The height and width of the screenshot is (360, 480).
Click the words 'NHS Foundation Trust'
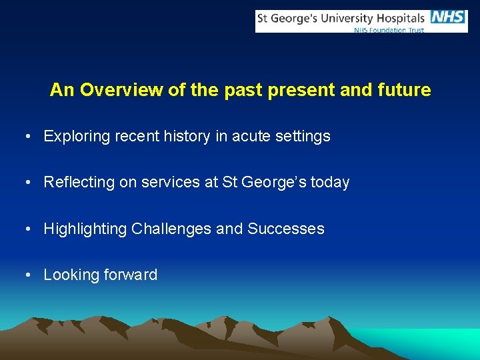[388, 30]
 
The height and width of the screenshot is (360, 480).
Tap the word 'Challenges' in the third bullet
[171, 229]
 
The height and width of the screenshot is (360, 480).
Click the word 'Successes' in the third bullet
[286, 229]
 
